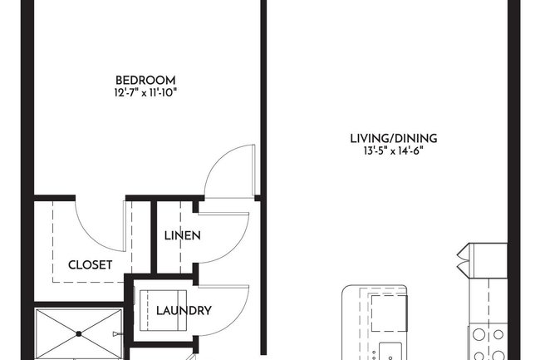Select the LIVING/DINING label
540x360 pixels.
[x=394, y=138]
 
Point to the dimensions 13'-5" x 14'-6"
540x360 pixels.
[x=395, y=150]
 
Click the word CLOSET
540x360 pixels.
[x=90, y=265]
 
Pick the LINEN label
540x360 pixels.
[x=182, y=235]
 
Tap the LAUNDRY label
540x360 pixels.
[x=184, y=311]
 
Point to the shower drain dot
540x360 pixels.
[x=79, y=334]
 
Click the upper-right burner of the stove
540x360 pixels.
[x=498, y=334]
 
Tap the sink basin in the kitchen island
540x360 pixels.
[x=389, y=350]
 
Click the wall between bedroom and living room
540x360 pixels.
[x=262, y=100]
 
